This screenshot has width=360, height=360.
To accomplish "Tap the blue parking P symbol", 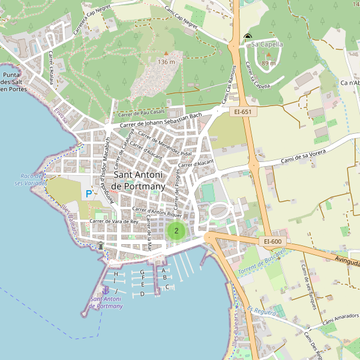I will tap(89, 194).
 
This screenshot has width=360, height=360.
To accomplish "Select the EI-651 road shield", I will tap(244, 112).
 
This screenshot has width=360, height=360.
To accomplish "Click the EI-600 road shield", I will tap(272, 241).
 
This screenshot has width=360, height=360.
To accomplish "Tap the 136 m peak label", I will tap(166, 62).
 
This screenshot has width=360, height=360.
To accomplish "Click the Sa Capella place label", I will tap(267, 44).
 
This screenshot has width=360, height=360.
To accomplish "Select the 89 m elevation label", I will tap(269, 63).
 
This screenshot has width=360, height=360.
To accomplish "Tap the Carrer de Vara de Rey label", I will tap(113, 221).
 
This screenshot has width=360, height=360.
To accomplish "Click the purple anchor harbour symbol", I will tap(107, 291).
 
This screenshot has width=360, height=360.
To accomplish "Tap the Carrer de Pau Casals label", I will tap(142, 112).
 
